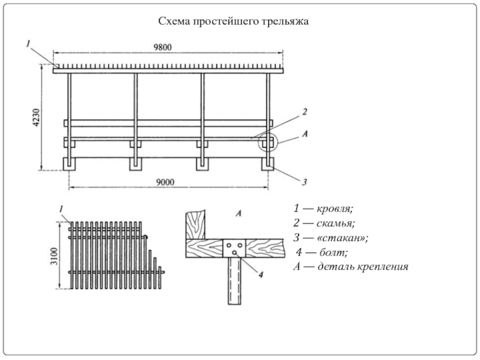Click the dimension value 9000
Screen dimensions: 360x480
click(x=166, y=182)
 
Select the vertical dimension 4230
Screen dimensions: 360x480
click(x=36, y=118)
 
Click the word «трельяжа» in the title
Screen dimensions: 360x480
click(x=284, y=22)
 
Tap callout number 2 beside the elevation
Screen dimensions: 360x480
click(x=304, y=112)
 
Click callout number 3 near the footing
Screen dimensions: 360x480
click(x=304, y=181)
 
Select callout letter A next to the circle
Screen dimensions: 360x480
click(x=304, y=136)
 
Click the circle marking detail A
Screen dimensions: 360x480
click(x=268, y=142)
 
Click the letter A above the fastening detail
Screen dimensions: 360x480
click(x=238, y=214)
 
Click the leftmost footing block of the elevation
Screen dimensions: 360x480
click(x=70, y=163)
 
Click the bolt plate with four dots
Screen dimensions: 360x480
click(x=234, y=247)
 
